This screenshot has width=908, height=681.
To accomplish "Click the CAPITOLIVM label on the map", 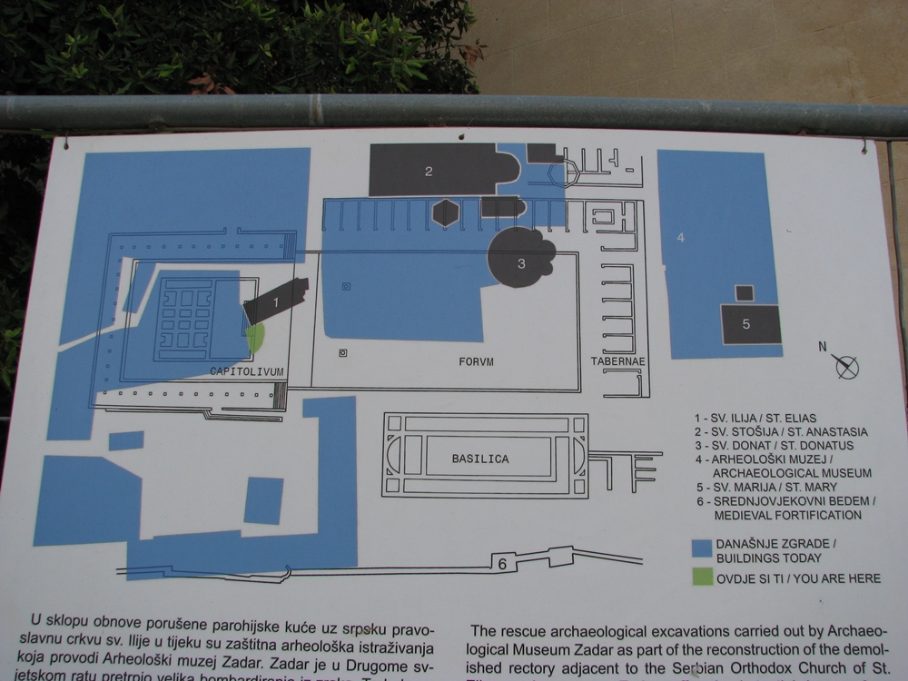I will (247, 371).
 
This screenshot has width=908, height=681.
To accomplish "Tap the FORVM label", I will (475, 361).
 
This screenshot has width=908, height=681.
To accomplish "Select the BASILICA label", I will (480, 459).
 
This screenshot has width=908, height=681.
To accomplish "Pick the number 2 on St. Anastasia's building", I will (429, 170).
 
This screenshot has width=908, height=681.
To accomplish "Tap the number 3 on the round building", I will (521, 263).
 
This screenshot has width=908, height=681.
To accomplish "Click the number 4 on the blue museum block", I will (680, 238).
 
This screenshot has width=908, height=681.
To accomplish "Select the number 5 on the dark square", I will (746, 324).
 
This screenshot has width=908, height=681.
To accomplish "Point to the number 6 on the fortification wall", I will (501, 563).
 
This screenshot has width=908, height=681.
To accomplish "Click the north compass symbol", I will (845, 365).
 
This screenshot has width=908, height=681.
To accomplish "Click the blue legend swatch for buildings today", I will (700, 548).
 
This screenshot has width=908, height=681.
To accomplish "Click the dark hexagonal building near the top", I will (445, 212).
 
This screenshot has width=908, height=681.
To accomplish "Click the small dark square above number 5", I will (744, 293).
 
